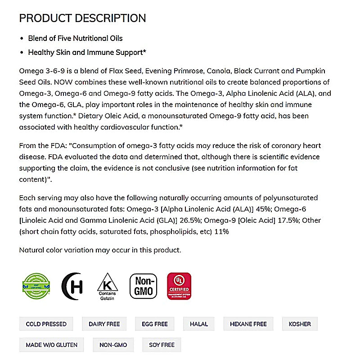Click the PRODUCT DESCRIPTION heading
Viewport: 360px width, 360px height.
82,18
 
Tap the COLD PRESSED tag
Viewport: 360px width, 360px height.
46,324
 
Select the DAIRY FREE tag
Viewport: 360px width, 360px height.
104,324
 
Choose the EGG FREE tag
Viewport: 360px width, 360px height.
155,324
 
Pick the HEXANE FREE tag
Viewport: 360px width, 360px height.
248,324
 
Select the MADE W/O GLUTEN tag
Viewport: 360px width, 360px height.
51,345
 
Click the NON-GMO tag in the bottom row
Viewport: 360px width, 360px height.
113,345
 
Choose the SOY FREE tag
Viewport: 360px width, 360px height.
162,345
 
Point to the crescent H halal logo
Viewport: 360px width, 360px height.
72,286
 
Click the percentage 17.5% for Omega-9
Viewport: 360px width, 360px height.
288,220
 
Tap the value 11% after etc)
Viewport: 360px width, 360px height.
222,232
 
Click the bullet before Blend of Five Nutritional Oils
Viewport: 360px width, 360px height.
22,38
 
